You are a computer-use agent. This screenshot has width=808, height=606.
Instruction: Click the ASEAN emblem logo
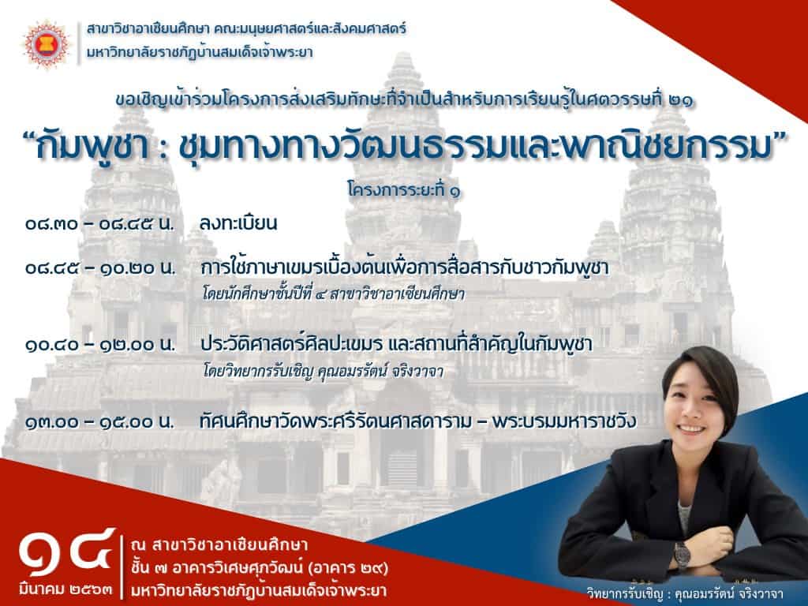[x=47, y=44]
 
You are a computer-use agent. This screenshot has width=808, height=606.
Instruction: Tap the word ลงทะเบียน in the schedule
[x=238, y=223]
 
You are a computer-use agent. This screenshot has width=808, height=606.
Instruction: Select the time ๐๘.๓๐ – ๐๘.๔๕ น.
[x=99, y=225]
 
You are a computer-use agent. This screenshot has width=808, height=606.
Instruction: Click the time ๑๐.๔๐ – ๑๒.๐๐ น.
[x=100, y=345]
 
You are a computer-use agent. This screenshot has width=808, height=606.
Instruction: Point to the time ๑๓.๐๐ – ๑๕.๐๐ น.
[x=99, y=422]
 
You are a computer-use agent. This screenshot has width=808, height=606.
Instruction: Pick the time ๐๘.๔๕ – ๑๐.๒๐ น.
[x=100, y=268]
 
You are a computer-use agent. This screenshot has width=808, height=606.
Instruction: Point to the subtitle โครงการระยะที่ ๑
[x=404, y=191]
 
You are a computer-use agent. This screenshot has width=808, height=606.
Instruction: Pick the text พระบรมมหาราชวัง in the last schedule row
[x=563, y=422]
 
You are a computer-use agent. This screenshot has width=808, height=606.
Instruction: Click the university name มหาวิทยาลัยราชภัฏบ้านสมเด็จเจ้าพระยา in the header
[x=200, y=53]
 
